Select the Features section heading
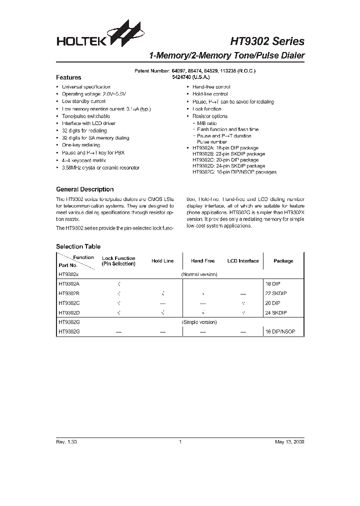(68, 77)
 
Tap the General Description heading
(84, 189)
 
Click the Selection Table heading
(78, 246)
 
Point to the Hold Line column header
(162, 261)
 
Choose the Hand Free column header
(202, 261)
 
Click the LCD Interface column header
(243, 261)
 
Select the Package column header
(283, 261)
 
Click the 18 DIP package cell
(273, 283)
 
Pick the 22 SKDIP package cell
(276, 293)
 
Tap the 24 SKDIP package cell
(276, 312)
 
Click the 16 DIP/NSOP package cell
(281, 331)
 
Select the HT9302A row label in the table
(69, 283)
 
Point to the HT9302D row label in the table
(69, 312)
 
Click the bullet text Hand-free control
(211, 87)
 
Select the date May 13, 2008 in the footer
(289, 442)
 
